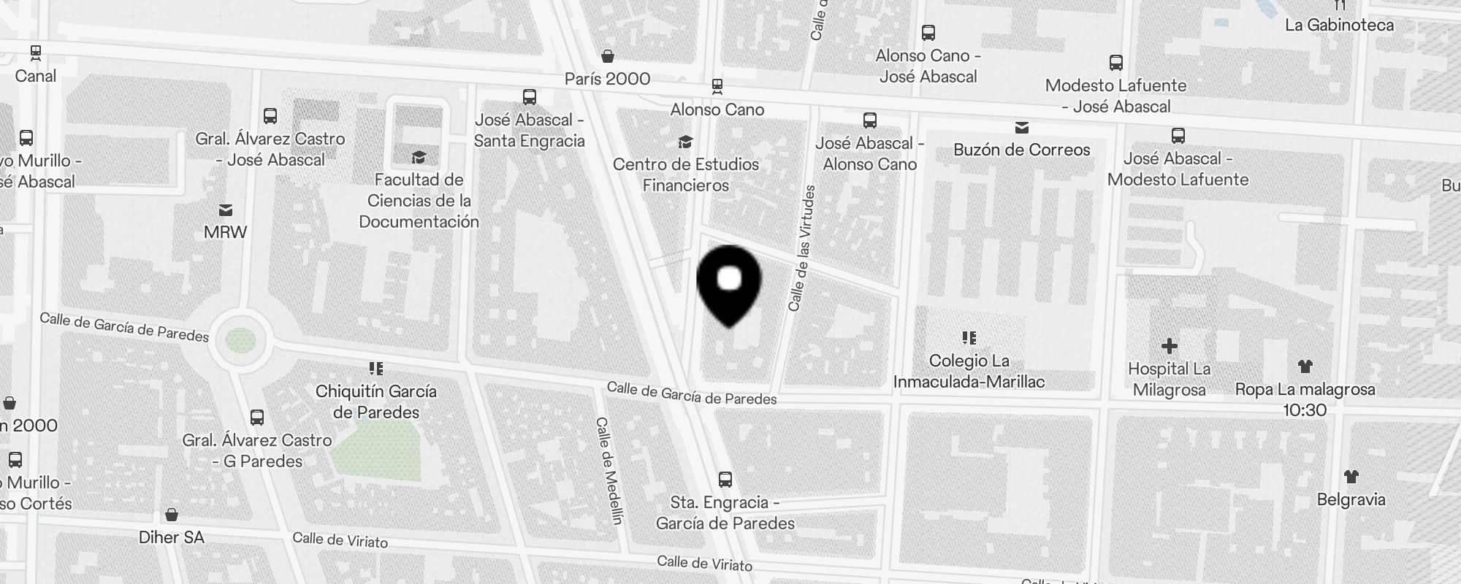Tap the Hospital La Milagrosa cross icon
coord(1169,346)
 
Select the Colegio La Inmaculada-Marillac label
coord(969,371)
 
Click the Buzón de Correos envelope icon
coord(1021,128)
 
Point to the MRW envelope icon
coord(226,210)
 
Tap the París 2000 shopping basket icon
coord(607,56)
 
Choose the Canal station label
coord(35,76)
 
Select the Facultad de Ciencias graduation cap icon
coord(419,157)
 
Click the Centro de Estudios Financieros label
coord(685,174)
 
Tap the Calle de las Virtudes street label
coord(801,248)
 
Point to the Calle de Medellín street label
coord(609,471)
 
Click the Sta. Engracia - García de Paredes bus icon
coord(725,480)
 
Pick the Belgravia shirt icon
coord(1351,477)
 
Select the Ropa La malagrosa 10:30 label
coord(1305,399)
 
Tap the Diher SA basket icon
coord(172,515)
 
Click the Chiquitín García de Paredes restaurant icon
coord(376,369)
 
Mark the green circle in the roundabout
coord(240,340)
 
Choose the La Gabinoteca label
coord(1339,25)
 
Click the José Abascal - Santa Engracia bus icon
coord(530,97)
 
